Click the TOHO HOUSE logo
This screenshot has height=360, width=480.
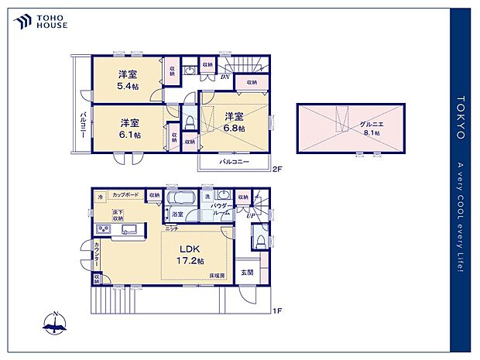coord(39,21)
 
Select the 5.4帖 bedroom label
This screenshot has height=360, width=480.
coord(129,80)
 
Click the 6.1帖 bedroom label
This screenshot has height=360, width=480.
coord(129,129)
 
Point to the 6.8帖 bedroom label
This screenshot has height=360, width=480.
coord(235,122)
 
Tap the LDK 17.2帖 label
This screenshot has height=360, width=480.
coord(190,253)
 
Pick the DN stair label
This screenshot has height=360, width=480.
coord(225,77)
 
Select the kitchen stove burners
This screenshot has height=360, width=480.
coord(102,229)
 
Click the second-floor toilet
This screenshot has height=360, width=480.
coord(189,121)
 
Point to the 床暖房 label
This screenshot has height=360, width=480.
coord(216,276)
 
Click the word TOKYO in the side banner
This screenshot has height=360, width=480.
coord(461,117)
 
